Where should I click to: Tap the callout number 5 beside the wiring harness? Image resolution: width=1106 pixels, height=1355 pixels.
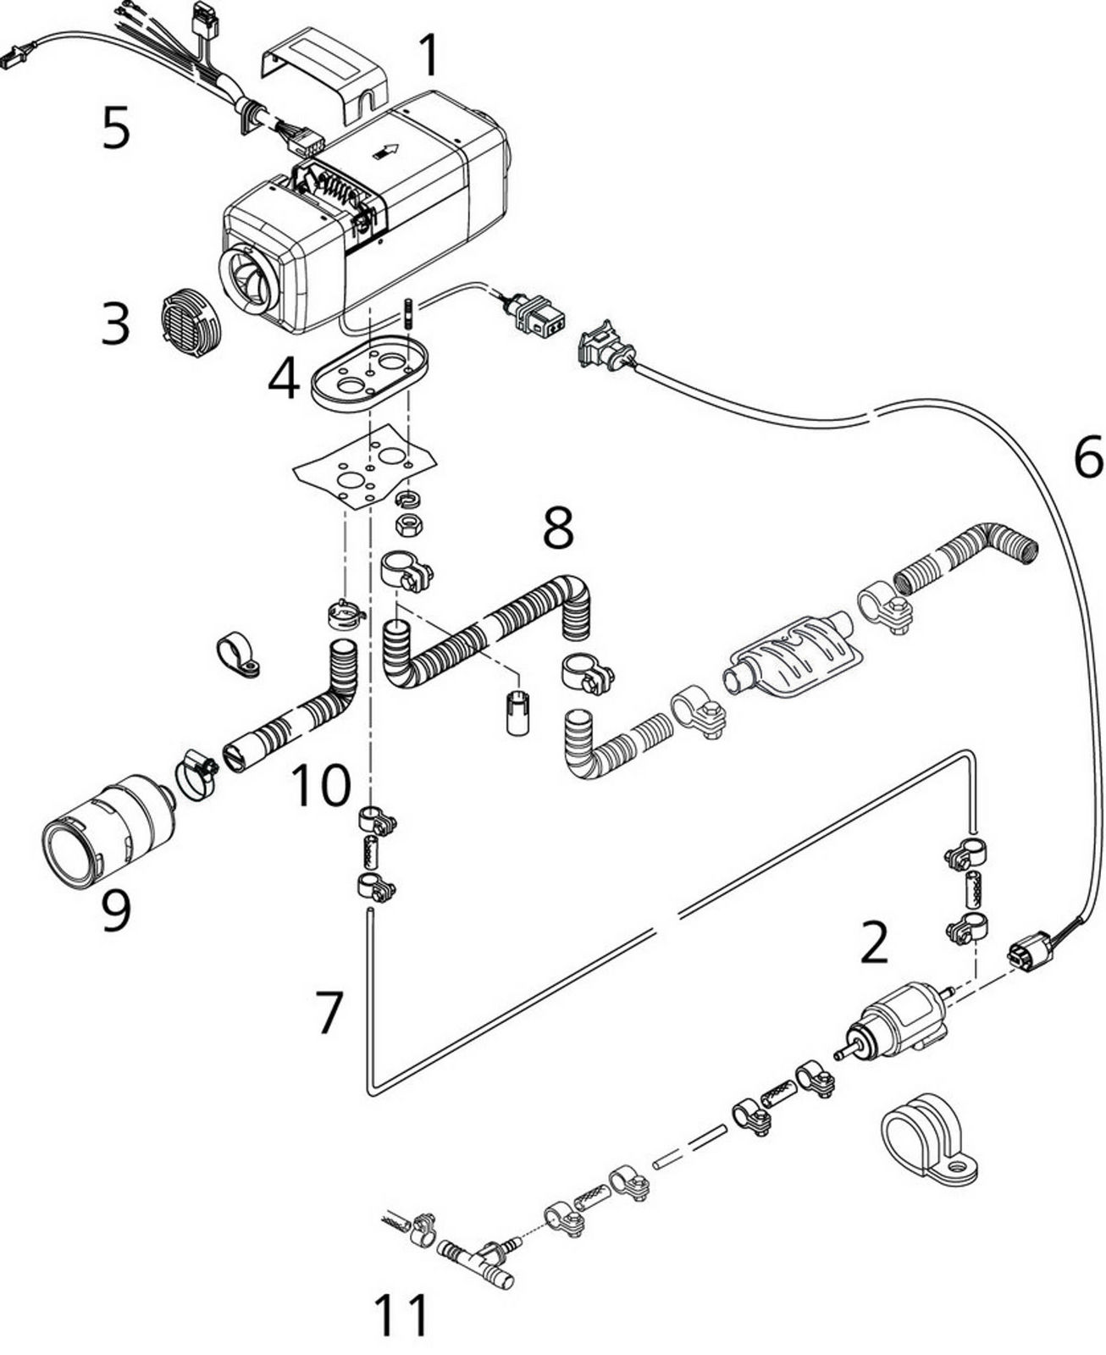click(x=116, y=129)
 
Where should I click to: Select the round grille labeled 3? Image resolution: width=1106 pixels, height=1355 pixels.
click(x=191, y=325)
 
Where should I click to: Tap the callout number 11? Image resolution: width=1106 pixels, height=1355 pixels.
click(x=402, y=1315)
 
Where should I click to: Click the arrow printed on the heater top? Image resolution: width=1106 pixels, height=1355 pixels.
click(x=386, y=152)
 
